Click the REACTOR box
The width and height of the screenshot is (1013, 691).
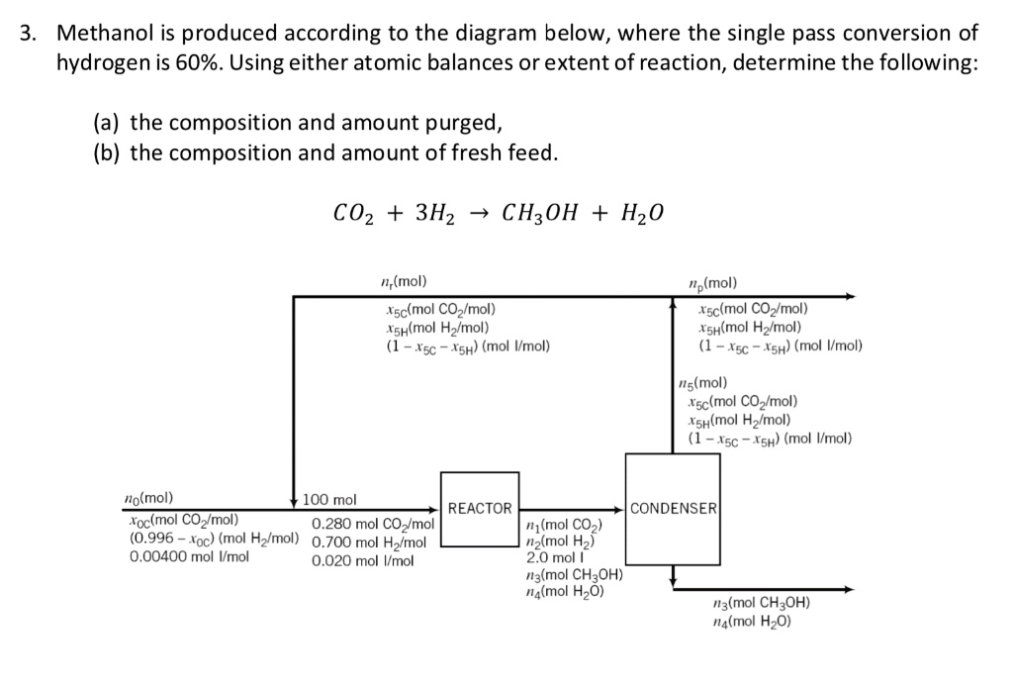point(480,509)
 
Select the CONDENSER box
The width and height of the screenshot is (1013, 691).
point(673,509)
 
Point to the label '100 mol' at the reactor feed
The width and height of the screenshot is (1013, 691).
point(329,500)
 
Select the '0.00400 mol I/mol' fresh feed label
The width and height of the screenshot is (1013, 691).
point(190,556)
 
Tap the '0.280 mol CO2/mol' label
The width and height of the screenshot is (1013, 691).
point(373,524)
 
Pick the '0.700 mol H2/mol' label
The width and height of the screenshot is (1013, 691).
point(369,543)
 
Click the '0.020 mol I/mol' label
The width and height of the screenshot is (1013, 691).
point(361,560)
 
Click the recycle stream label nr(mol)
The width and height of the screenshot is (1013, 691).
point(406,281)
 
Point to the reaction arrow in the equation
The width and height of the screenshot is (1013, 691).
point(476,213)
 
